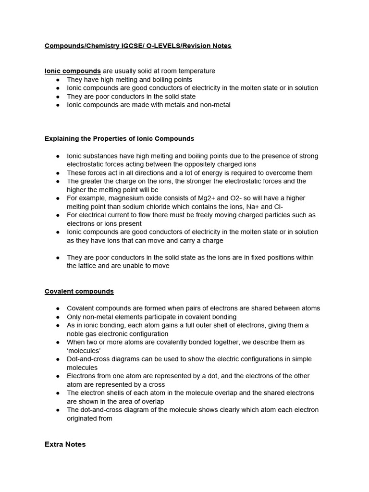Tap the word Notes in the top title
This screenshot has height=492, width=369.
(221, 46)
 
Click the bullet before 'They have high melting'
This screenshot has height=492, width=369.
(58, 80)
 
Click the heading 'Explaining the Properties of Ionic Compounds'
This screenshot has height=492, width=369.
(119, 138)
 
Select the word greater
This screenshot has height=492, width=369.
(91, 181)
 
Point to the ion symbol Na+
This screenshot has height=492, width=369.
(255, 207)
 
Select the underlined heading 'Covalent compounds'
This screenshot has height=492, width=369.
(79, 291)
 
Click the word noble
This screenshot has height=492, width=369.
(76, 333)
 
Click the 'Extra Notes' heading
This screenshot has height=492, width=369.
(65, 444)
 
